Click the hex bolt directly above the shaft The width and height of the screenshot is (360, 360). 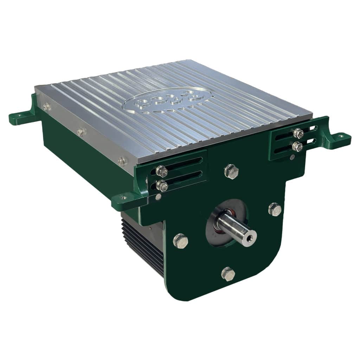(231, 172)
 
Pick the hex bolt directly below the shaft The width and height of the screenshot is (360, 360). (228, 274)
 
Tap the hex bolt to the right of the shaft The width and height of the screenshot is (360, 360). (275, 209)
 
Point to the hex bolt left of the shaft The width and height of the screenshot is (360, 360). (180, 241)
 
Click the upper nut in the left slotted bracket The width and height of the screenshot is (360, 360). (161, 171)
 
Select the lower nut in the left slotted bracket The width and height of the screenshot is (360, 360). (161, 186)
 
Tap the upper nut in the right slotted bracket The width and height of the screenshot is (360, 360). (298, 133)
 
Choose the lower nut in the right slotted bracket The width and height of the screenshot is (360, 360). (297, 146)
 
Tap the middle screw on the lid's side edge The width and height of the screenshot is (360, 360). (81, 132)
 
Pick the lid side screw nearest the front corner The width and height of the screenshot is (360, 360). (122, 161)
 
